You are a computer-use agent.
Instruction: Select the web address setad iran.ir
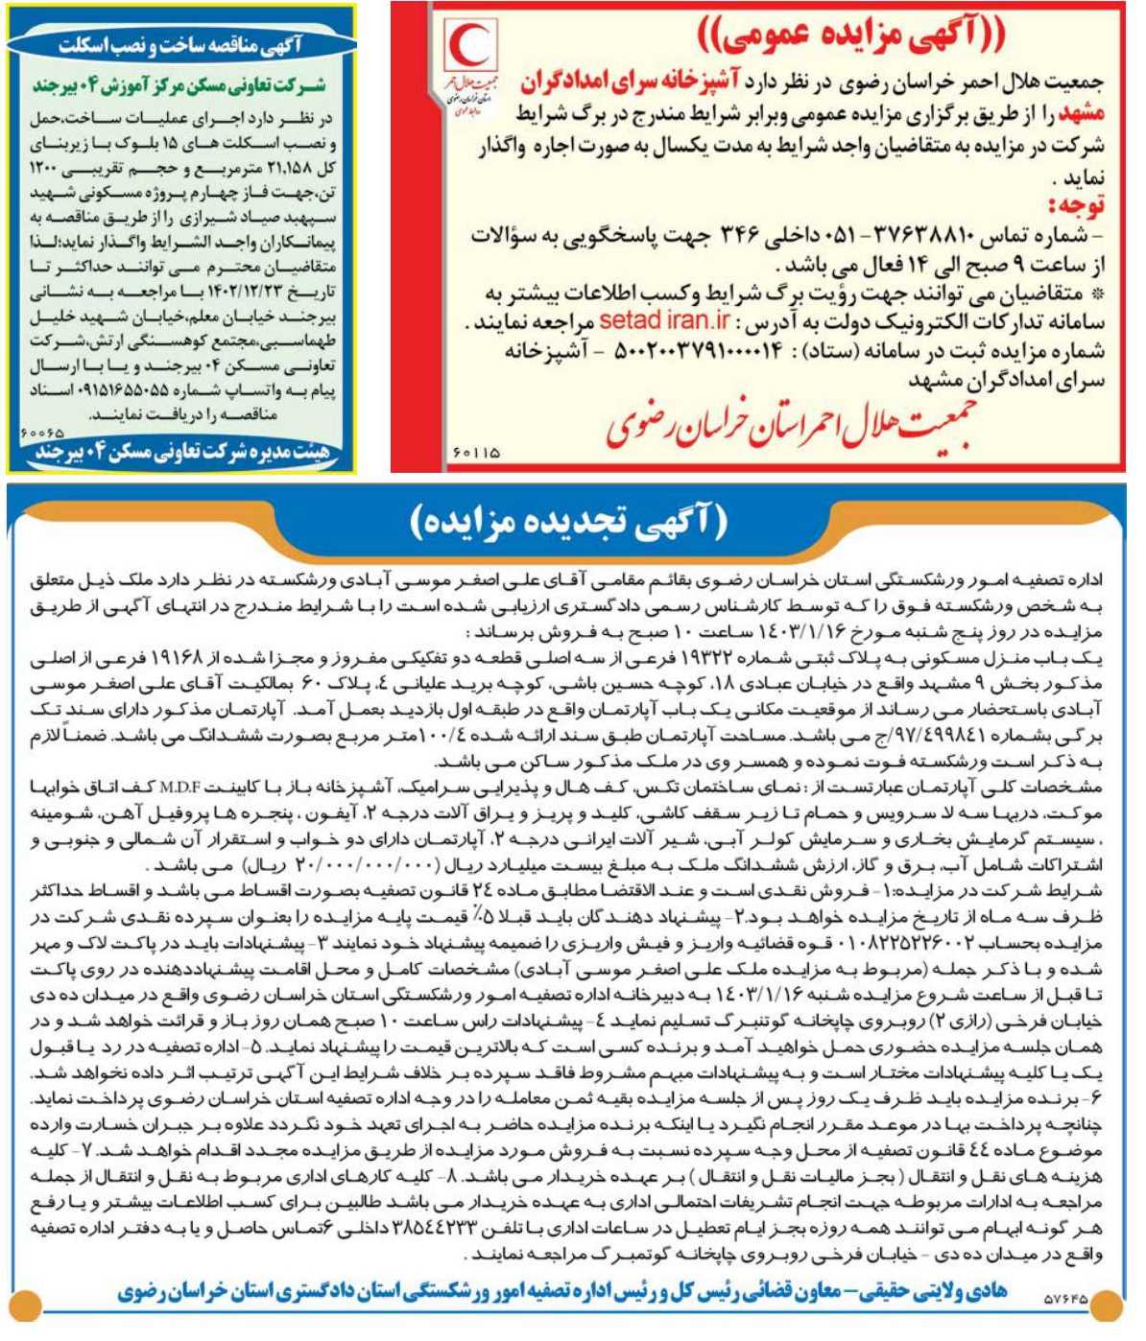pyautogui.click(x=664, y=320)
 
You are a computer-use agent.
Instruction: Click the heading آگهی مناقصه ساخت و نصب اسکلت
pyautogui.click(x=179, y=45)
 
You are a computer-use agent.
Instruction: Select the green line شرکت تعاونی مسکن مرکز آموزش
pyautogui.click(x=179, y=85)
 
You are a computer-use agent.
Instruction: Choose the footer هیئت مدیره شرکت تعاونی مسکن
pyautogui.click(x=180, y=453)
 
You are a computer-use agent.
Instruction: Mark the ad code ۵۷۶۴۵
pyautogui.click(x=1065, y=1300)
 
